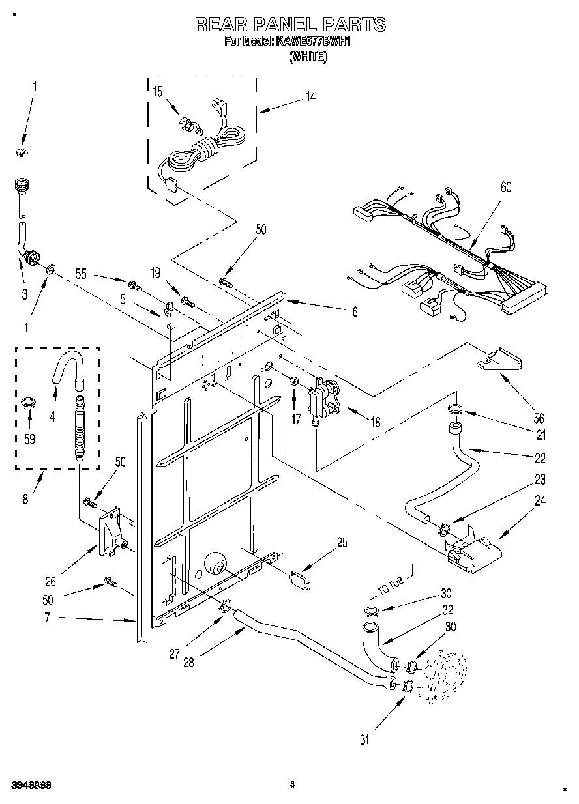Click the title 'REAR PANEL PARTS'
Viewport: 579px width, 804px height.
(x=290, y=25)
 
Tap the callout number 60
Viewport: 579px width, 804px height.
(x=505, y=188)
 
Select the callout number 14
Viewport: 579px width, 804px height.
(x=310, y=96)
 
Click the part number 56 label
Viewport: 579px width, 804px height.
(x=521, y=419)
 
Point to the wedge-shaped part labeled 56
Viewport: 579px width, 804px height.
(x=500, y=360)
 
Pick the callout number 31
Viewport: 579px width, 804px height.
(x=364, y=739)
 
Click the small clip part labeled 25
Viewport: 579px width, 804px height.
(x=300, y=579)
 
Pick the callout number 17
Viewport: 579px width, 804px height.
(x=296, y=420)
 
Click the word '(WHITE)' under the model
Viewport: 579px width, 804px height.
(x=308, y=57)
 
